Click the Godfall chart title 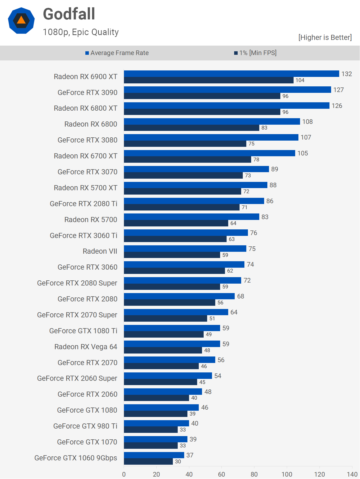point(69,14)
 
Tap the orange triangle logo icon point(21,21)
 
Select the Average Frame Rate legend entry point(117,53)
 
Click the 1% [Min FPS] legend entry point(255,53)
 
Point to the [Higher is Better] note point(325,38)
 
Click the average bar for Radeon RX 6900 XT point(231,74)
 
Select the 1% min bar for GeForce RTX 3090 point(202,96)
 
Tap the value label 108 point(307,122)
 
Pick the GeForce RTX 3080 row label point(88,140)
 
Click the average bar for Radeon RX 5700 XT point(196,185)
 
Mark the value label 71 point(244,207)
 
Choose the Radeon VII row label point(100,251)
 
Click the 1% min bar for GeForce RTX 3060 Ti point(175,239)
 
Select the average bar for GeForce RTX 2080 point(179,296)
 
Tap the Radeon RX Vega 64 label point(86,347)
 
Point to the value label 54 point(218,376)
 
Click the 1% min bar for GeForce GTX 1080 point(156,414)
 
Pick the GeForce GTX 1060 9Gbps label point(76,458)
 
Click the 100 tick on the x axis point(287,474)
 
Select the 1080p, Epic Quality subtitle point(81,32)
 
